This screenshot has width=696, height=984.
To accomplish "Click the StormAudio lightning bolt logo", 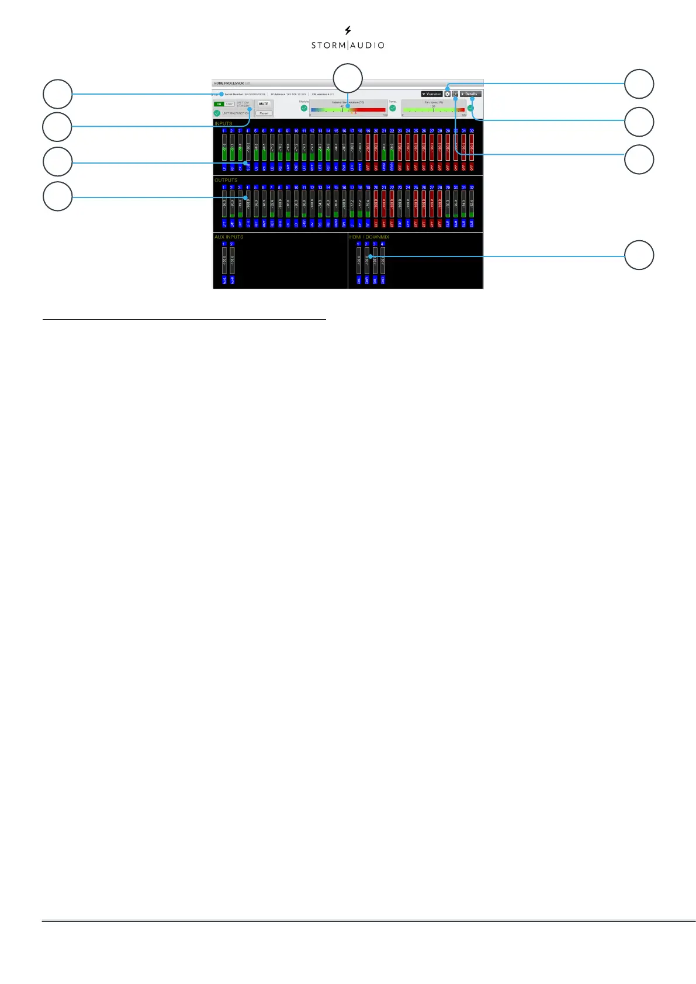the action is [x=348, y=30].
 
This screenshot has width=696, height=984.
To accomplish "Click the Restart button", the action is [x=264, y=113].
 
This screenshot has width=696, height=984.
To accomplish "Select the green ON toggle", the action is [x=219, y=104].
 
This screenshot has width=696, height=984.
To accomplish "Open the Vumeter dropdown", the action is [x=432, y=94].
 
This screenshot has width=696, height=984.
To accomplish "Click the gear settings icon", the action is [x=448, y=94].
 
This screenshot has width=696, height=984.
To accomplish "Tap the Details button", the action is [x=470, y=94].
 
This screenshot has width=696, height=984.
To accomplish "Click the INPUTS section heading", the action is [x=223, y=124].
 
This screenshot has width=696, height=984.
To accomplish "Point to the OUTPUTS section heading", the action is [x=226, y=180].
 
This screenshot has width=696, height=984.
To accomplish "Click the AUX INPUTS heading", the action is [x=228, y=237].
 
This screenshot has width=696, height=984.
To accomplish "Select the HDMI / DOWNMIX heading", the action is [x=369, y=237].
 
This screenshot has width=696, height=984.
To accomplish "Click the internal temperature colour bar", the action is [x=348, y=109].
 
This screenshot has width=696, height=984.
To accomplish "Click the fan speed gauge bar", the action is [x=434, y=109].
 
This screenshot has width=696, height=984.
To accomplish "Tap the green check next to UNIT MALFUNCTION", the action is [x=217, y=113].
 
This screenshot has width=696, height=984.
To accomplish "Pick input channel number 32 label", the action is [x=472, y=131].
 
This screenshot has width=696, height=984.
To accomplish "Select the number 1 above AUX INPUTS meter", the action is [x=224, y=244].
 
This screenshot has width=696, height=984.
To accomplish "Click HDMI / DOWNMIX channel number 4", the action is [x=382, y=244].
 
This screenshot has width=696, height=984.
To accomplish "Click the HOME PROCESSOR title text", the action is [x=228, y=84].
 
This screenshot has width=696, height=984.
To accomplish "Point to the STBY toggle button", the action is [x=229, y=104].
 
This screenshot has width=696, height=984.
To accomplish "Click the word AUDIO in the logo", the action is [x=367, y=45].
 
